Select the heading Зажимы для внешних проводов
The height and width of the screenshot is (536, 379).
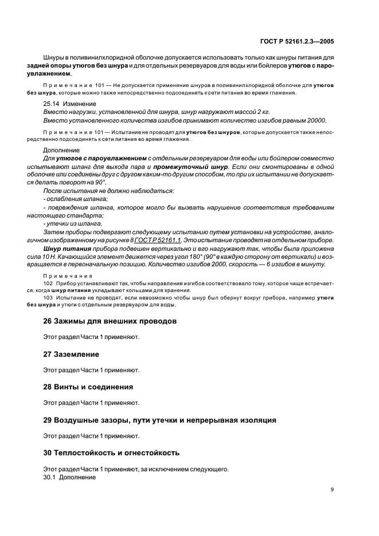[x=110, y=321]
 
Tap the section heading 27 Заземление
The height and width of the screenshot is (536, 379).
[x=71, y=354]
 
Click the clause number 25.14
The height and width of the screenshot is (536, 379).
[x=52, y=104]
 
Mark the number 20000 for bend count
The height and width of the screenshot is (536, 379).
[x=314, y=121]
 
